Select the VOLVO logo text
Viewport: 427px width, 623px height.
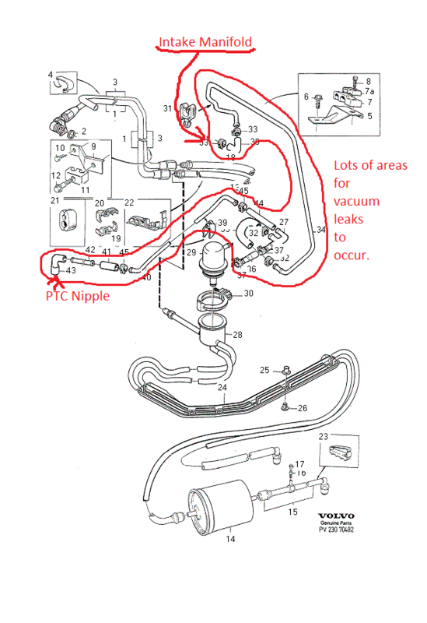336,516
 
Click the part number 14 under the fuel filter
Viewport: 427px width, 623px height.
229,538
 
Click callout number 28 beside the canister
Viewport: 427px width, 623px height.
236,334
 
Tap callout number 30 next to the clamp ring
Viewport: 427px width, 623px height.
248,294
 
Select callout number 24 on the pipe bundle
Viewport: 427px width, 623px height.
222,387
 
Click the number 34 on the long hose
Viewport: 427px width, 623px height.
321,231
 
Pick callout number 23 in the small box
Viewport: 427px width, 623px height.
324,437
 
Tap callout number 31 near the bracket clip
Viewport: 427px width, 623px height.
167,107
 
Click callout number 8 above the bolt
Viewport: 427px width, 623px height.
368,80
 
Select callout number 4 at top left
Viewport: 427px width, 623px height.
51,76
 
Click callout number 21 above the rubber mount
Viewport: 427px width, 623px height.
54,200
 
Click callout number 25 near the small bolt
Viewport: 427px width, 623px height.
264,369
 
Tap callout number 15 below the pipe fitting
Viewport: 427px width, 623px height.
292,512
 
